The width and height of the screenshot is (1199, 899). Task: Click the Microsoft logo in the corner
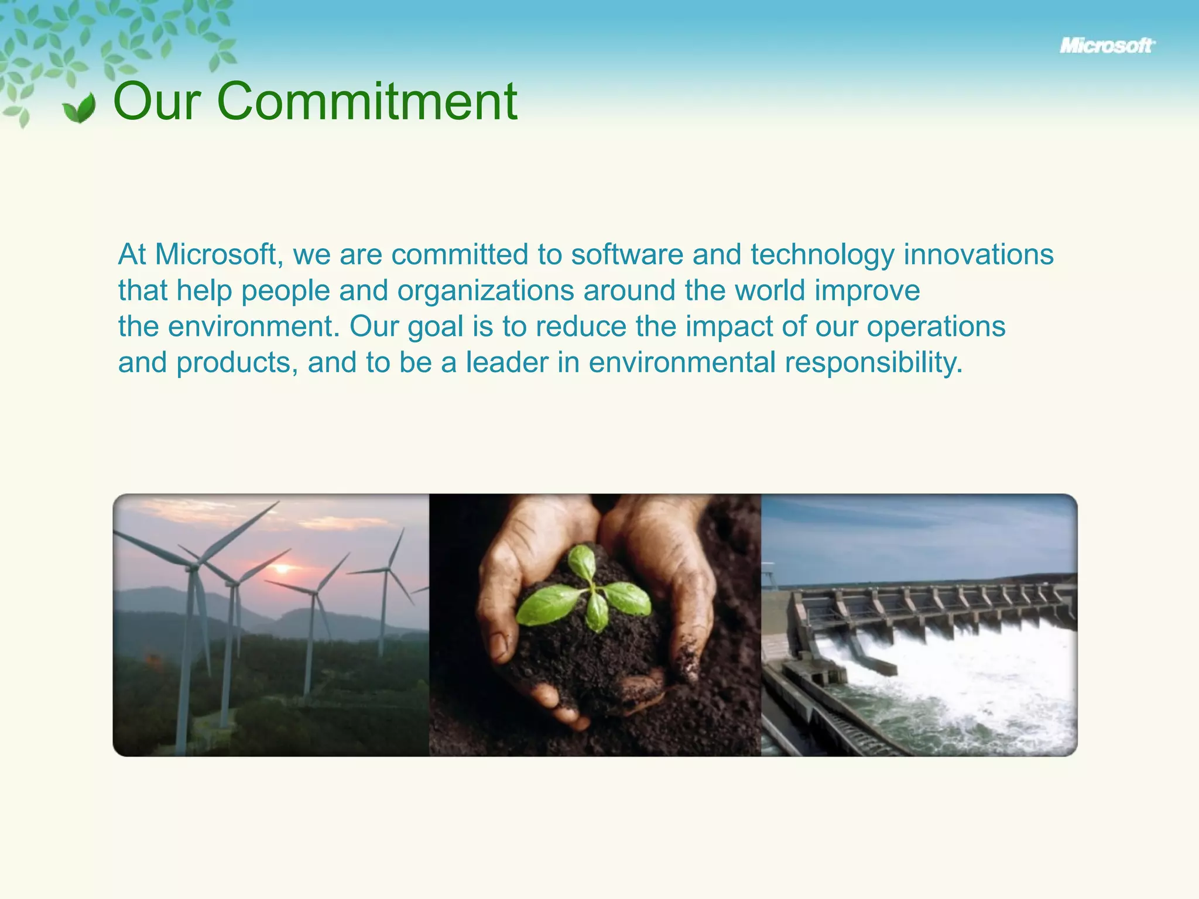coord(1107,46)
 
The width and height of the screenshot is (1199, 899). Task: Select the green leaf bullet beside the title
coord(80,108)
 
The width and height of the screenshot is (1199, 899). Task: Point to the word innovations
coord(978,255)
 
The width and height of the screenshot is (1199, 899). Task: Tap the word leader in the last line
coord(506,363)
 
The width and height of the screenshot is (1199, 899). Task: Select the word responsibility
coord(873,363)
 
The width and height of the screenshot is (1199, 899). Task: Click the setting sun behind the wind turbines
coord(282,568)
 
